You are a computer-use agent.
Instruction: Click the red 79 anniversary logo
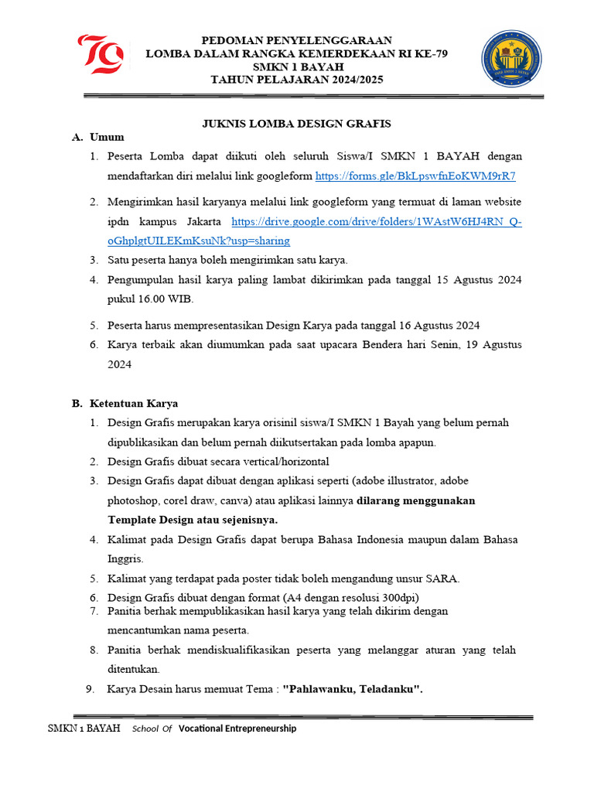point(101,54)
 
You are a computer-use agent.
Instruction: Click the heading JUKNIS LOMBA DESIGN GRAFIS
point(297,123)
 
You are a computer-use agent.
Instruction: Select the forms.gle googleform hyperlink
point(415,176)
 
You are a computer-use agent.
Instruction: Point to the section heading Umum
point(107,137)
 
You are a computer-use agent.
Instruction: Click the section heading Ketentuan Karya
point(134,403)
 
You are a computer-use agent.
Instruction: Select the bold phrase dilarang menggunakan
point(416,500)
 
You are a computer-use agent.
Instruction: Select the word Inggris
point(125,558)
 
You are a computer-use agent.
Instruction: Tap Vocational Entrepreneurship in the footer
point(237,729)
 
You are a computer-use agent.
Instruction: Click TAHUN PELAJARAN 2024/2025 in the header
point(297,80)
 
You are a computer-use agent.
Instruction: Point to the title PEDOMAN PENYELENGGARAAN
point(297,40)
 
